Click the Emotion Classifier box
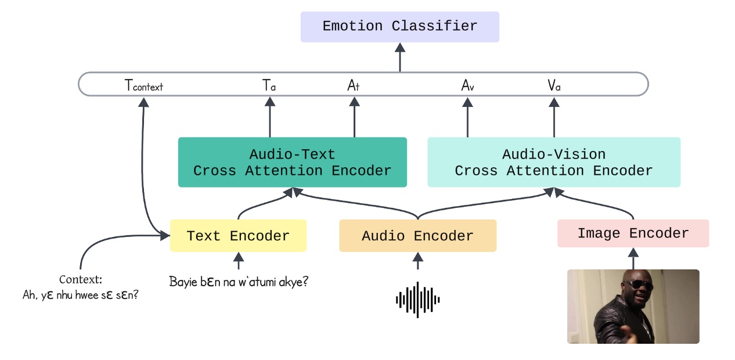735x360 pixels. pos(399,27)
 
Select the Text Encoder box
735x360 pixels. pos(238,236)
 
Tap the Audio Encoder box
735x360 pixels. pos(417,236)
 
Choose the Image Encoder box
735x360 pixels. pos(633,233)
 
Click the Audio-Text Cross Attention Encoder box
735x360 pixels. pos(293,162)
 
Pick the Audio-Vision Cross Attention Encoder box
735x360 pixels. pos(554,162)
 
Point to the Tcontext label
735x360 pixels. pos(144,85)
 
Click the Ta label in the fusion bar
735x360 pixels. pos(269,85)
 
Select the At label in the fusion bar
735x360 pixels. pos(354,85)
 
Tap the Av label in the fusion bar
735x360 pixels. pos(467,85)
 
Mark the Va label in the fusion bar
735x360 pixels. pos(554,85)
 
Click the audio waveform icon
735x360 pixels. pos(417,300)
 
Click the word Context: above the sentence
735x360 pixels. pos(80,280)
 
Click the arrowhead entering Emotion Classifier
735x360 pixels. pos(399,48)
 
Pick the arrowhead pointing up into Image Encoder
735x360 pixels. pos(633,253)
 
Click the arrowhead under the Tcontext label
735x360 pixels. pos(143,102)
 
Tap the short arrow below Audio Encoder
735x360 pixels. pos(417,261)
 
